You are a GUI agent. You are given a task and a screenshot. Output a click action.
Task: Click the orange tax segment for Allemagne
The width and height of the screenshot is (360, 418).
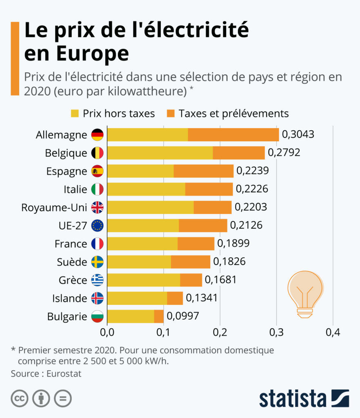[233, 135]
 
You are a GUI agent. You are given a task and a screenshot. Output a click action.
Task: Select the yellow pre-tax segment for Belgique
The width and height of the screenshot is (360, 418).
[160, 153]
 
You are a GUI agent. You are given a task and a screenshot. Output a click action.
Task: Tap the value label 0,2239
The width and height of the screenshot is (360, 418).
[253, 171]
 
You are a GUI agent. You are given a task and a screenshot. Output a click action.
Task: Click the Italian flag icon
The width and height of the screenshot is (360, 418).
[97, 189]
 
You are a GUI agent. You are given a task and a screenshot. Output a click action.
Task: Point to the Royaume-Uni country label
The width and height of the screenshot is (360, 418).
[54, 207]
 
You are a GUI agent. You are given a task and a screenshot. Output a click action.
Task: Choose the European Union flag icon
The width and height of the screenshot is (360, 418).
[97, 225]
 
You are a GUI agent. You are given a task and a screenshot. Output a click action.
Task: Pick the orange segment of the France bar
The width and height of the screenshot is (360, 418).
[196, 244]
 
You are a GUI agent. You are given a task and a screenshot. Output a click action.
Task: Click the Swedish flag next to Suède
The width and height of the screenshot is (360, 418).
[97, 262]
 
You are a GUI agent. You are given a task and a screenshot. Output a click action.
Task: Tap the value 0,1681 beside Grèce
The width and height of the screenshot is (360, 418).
[220, 280]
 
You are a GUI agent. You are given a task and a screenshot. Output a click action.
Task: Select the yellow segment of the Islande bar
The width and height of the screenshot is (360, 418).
[137, 298]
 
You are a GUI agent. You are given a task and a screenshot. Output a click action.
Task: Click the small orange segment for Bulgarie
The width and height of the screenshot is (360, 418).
[159, 316]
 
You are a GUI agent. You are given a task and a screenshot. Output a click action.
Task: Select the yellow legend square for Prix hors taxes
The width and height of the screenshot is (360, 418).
[75, 113]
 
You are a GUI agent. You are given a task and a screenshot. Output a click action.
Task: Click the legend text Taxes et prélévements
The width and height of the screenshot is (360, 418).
[233, 113]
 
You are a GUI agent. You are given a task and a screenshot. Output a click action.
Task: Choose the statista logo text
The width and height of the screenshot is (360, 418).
[293, 398]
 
